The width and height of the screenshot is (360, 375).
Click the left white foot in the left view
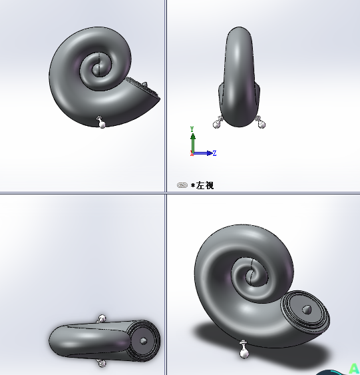[218, 123]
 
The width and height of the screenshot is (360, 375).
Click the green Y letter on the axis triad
[192, 129]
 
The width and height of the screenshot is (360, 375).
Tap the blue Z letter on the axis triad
[214, 153]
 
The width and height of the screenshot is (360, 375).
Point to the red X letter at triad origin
[192, 154]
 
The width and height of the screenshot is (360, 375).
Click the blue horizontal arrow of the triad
[204, 153]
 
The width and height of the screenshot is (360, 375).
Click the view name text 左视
[204, 185]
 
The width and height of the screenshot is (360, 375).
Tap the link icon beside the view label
[182, 185]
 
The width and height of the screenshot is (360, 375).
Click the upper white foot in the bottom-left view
[102, 319]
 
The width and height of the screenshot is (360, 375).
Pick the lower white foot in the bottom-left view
[101, 362]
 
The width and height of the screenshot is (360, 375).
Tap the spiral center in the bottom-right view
[252, 274]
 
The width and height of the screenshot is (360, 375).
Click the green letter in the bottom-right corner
[355, 368]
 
